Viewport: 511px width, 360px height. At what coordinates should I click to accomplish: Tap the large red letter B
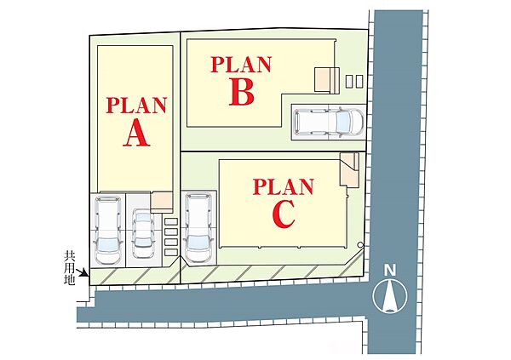[242, 93]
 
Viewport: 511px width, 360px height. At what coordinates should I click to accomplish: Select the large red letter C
[284, 214]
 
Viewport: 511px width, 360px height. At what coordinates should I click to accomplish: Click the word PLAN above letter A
[136, 106]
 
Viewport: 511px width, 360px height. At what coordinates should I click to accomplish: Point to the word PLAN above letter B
[241, 65]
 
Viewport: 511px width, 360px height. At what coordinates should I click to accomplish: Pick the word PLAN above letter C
[284, 186]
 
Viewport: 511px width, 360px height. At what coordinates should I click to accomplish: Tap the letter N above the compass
[390, 270]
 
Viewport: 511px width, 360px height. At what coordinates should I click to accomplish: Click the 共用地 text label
[70, 268]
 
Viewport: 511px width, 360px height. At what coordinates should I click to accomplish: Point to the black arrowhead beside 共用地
[86, 273]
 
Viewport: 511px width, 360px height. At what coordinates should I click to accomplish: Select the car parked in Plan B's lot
[328, 122]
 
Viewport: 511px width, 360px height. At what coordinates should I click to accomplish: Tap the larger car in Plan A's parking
[107, 230]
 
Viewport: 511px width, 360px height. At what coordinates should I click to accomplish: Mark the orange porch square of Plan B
[322, 80]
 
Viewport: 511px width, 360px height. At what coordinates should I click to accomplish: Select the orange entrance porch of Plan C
[349, 170]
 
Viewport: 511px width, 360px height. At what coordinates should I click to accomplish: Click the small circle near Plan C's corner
[360, 244]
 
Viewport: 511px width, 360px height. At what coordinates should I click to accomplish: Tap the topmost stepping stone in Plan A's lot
[171, 221]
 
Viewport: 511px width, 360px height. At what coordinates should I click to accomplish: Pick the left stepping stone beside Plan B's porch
[349, 81]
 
